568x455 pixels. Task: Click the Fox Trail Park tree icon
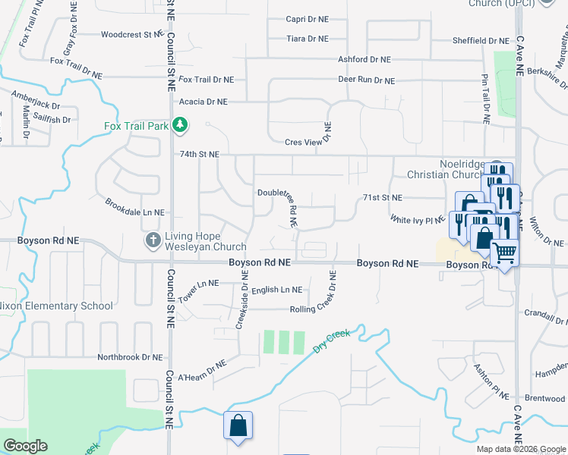[179, 125]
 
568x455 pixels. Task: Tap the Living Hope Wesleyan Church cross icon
[153, 240]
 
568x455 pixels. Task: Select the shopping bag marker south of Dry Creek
[238, 426]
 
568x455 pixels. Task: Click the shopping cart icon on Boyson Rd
[504, 253]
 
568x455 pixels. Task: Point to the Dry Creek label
[331, 341]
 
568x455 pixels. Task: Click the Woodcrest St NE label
[131, 35]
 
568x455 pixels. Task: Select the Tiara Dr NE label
[308, 39]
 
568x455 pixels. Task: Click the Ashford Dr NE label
[364, 59]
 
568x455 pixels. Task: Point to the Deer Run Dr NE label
[367, 80]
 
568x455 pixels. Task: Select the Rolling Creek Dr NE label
[323, 309]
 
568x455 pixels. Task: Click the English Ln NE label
[277, 290]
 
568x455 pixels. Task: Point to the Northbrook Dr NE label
[130, 356]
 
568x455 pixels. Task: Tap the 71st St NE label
[381, 197]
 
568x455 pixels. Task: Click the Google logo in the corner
[25, 446]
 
